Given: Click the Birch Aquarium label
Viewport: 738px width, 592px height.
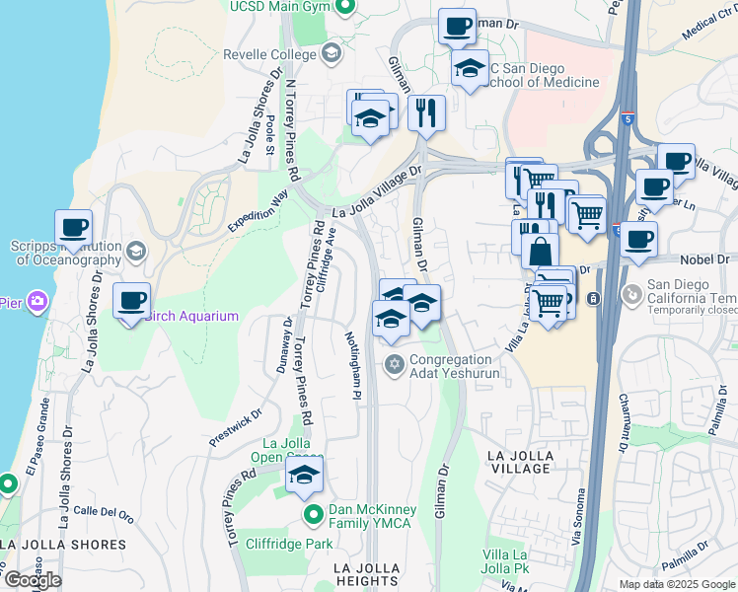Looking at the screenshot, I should (x=192, y=316).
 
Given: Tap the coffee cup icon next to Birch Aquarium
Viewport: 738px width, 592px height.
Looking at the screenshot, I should (x=132, y=301).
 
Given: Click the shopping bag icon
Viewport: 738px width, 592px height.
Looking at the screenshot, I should (x=541, y=251).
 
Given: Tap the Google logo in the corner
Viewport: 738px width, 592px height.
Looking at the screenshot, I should (x=33, y=580).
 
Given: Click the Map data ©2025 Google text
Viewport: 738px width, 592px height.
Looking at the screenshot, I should (x=676, y=584).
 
